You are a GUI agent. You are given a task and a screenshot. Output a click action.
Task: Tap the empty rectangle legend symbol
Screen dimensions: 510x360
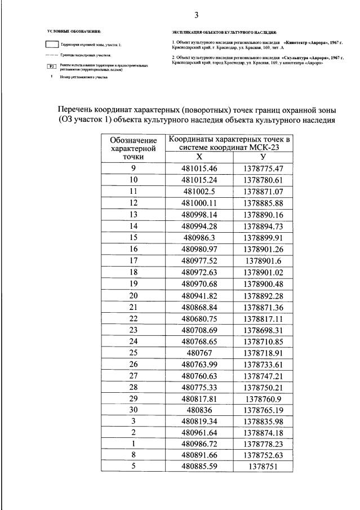52,43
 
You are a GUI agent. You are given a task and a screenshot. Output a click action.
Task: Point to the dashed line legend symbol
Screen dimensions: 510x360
52,55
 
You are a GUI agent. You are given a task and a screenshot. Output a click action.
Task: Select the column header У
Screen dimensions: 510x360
263,157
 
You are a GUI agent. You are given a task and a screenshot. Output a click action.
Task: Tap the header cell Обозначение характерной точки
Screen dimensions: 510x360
134,149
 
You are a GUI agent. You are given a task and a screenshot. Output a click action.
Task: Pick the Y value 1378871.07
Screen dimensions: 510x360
263,192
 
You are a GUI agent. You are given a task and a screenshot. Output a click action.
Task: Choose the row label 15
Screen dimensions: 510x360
134,238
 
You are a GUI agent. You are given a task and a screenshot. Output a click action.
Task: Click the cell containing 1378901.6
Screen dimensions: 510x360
263,261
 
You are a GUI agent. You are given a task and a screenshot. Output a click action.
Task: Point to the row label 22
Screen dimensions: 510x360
134,318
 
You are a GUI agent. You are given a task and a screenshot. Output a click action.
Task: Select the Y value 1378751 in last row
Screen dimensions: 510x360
263,467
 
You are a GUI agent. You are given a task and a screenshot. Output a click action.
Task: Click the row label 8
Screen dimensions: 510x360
134,456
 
